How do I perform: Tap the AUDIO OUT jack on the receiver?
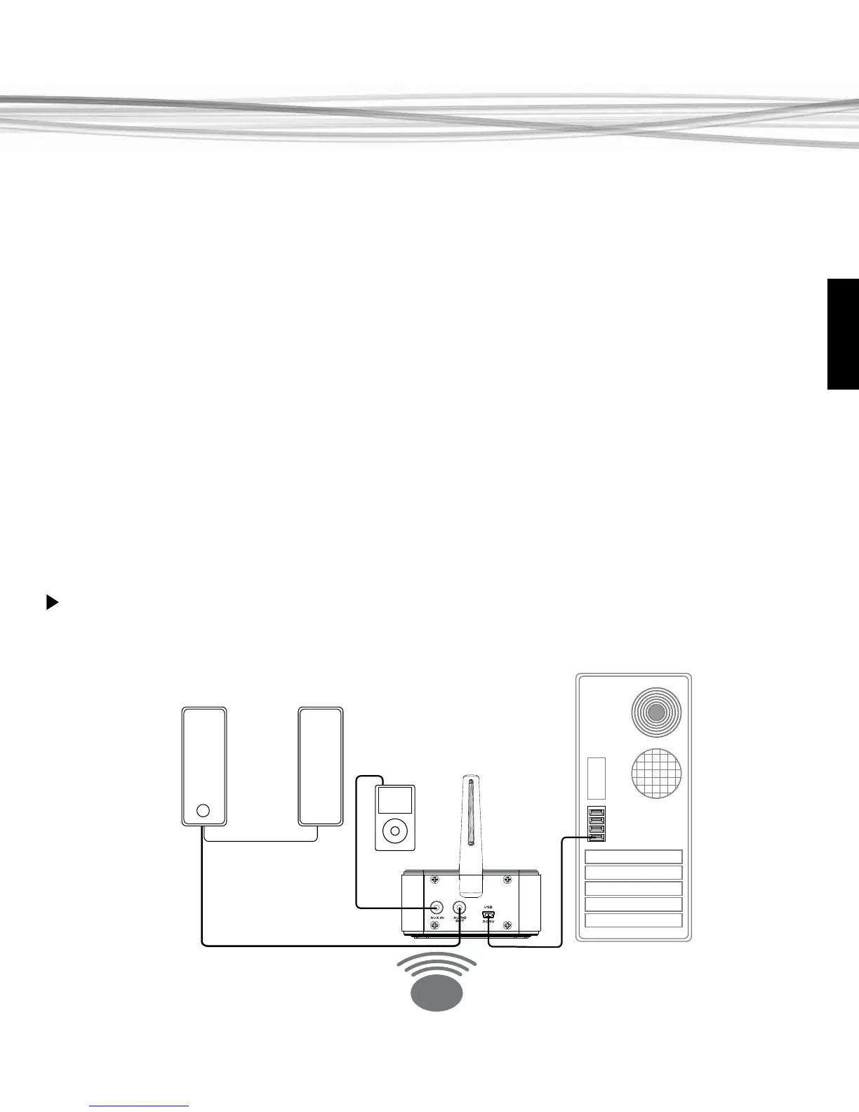pos(460,908)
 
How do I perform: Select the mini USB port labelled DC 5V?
pos(488,914)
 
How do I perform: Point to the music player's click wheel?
pos(395,830)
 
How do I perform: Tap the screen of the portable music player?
pos(395,800)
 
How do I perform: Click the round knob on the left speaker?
pos(203,811)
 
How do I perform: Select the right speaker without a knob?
pos(321,765)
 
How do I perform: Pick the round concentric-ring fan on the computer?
pos(656,713)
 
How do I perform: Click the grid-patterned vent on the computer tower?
pos(656,773)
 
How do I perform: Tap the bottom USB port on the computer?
pos(597,836)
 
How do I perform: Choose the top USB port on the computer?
pos(597,812)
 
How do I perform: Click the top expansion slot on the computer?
pos(633,856)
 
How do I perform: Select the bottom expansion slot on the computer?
pos(633,920)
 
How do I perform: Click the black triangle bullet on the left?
pos(51,602)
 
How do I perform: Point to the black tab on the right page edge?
pos(843,333)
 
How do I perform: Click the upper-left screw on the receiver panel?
pos(434,880)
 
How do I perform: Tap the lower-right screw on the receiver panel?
pos(507,926)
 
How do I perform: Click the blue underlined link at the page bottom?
pos(140,1106)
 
